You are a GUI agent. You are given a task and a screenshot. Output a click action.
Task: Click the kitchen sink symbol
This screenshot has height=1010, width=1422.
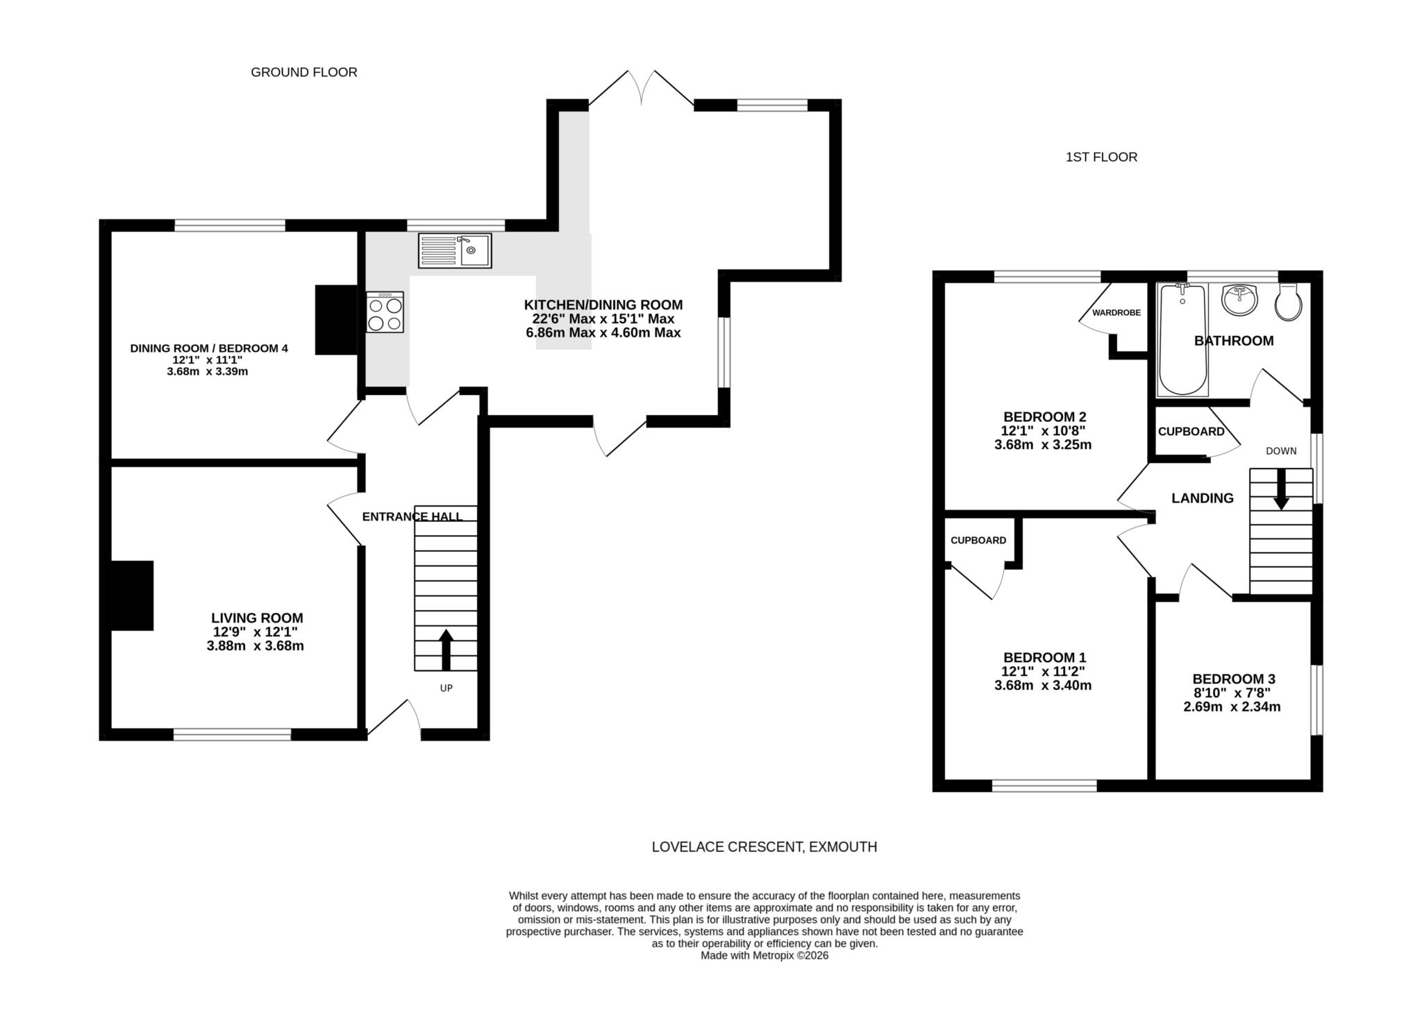pyautogui.click(x=455, y=251)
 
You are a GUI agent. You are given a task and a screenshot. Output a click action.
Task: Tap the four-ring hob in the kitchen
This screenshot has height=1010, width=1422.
pyautogui.click(x=385, y=312)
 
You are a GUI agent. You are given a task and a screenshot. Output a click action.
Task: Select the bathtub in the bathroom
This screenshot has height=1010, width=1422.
pyautogui.click(x=1182, y=339)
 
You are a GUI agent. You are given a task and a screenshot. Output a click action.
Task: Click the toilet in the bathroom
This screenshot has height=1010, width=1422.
pyautogui.click(x=1289, y=303)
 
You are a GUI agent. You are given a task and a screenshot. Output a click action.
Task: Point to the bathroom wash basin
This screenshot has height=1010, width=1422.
pyautogui.click(x=1239, y=299)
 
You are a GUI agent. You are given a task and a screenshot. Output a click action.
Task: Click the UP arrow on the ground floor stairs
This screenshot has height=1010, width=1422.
pyautogui.click(x=446, y=649)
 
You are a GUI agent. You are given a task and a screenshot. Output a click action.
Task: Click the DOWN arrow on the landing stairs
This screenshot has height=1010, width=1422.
pyautogui.click(x=1280, y=489)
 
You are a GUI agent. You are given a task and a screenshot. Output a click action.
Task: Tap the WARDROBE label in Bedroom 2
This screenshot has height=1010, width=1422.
pyautogui.click(x=1116, y=313)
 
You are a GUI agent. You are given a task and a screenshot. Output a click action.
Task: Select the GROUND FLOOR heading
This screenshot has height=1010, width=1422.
pyautogui.click(x=303, y=72)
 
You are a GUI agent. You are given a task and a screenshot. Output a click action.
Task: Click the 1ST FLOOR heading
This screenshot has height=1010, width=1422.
pyautogui.click(x=1101, y=158)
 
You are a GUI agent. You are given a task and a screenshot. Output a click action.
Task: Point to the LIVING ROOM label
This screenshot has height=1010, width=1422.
pyautogui.click(x=257, y=618)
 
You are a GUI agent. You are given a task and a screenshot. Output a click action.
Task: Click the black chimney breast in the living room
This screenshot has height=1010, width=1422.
pyautogui.click(x=133, y=596)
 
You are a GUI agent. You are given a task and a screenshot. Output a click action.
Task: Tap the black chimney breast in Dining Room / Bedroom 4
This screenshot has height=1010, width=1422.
pyautogui.click(x=336, y=320)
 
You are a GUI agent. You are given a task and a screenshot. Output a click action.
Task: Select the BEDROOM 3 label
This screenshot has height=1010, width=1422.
pyautogui.click(x=1233, y=679)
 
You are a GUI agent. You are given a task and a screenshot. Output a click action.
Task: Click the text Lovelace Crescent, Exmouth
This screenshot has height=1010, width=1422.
pyautogui.click(x=764, y=847)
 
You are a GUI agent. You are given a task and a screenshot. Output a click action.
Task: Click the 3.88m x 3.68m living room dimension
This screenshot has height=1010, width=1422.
pyautogui.click(x=255, y=646)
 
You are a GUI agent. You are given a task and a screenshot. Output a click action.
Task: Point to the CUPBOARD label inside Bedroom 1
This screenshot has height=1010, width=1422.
pyautogui.click(x=978, y=541)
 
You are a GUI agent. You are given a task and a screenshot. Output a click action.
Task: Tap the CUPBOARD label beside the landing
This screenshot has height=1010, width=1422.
pyautogui.click(x=1191, y=432)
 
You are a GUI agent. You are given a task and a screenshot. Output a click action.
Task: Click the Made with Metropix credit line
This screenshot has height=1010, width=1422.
pyautogui.click(x=764, y=956)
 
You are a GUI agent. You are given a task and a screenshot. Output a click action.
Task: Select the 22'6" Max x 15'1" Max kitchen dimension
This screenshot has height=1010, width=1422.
pyautogui.click(x=603, y=319)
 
